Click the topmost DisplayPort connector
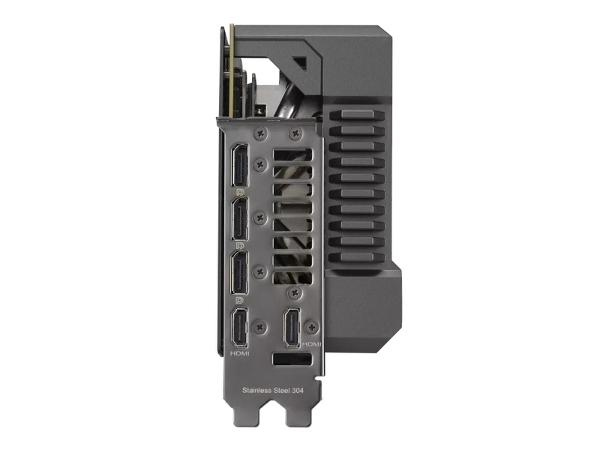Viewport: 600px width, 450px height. (x=240, y=166)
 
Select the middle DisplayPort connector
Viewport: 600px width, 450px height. (x=240, y=219)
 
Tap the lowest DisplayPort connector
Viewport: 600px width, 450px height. (x=240, y=273)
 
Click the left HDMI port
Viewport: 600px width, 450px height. (x=240, y=328)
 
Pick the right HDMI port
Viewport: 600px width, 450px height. (x=292, y=328)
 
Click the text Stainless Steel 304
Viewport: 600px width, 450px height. (x=273, y=391)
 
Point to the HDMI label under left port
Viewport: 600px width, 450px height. (x=240, y=354)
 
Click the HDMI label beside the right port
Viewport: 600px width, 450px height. (x=311, y=344)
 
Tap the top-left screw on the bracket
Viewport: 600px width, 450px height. (x=261, y=133)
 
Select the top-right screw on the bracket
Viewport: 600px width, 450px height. (x=295, y=133)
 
